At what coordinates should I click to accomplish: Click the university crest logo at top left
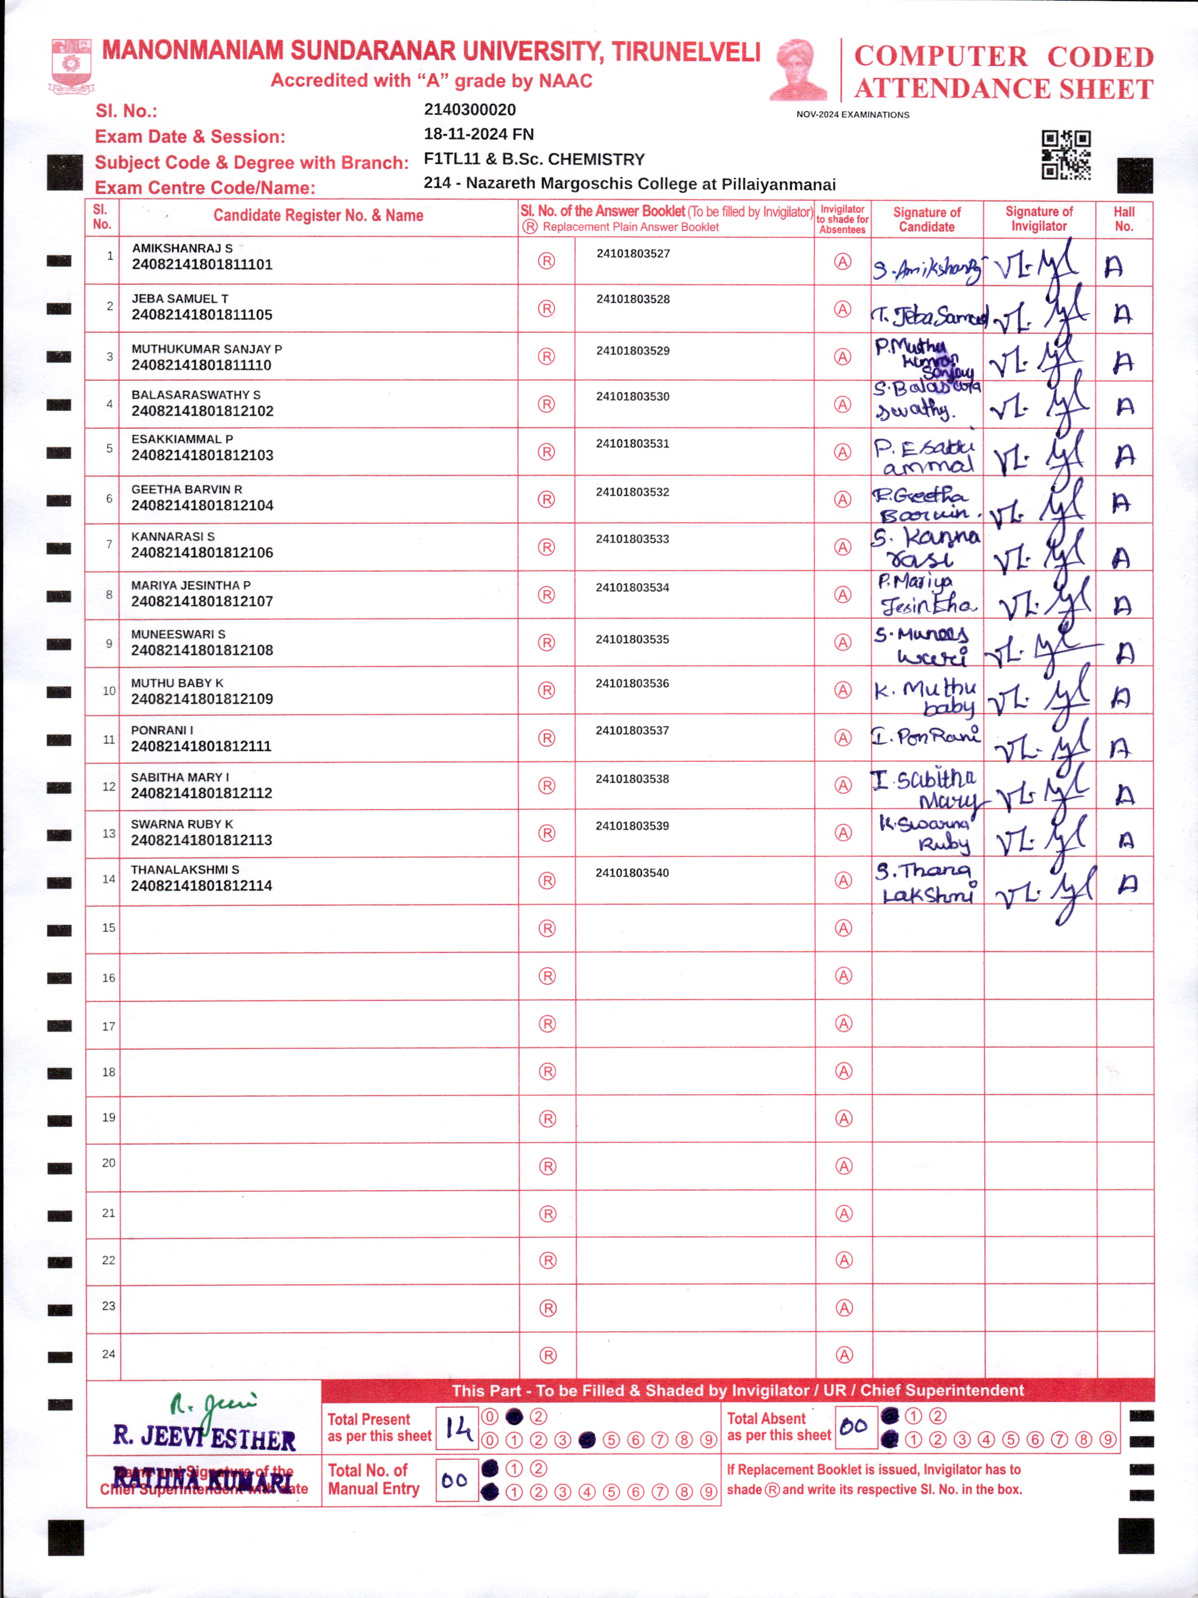tap(71, 66)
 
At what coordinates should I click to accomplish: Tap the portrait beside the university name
tap(798, 70)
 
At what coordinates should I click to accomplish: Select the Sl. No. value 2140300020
tap(470, 110)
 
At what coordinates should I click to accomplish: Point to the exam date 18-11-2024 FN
tap(479, 134)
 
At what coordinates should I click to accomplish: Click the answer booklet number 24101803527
tap(633, 253)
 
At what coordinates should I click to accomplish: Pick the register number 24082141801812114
tap(202, 886)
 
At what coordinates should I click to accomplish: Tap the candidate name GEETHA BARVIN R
tap(186, 489)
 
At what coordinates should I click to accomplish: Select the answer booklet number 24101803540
tap(632, 873)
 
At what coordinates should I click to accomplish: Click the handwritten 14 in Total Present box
tap(457, 1428)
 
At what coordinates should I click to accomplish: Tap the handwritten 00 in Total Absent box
tap(854, 1427)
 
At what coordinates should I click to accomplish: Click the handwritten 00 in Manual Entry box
tap(454, 1480)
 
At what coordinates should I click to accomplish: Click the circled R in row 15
tap(547, 928)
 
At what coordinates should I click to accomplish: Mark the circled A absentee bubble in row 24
tap(844, 1355)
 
